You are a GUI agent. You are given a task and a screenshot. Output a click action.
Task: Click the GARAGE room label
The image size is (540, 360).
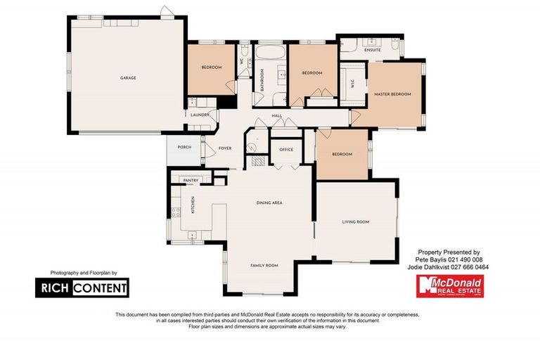(128, 78)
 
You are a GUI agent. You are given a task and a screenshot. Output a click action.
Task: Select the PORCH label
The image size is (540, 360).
(184, 147)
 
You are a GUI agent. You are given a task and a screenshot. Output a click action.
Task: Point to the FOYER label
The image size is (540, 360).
(225, 148)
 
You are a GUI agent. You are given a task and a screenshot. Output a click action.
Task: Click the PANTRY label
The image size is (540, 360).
(191, 181)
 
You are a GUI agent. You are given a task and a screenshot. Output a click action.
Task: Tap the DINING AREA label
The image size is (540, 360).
(269, 202)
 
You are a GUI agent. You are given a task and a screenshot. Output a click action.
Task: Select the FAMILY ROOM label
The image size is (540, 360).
(264, 265)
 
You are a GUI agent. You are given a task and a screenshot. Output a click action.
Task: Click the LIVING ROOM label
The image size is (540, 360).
(356, 222)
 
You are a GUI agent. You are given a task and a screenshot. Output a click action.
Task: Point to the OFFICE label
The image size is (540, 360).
(285, 150)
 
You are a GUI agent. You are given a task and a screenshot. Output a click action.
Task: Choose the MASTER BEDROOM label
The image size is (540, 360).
(392, 94)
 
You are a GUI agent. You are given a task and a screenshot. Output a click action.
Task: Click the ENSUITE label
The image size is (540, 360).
(373, 51)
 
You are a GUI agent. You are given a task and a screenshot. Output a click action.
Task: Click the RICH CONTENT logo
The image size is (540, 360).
(82, 287)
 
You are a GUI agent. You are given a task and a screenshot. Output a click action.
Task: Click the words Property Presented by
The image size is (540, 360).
(449, 252)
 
